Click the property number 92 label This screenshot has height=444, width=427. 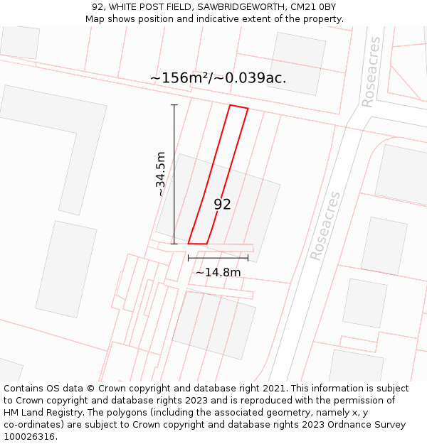[x=222, y=205]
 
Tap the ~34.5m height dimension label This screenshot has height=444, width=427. [x=161, y=174]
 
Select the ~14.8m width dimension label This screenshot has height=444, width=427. [x=218, y=272]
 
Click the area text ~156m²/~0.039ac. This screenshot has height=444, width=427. [x=218, y=78]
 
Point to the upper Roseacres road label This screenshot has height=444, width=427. [x=371, y=72]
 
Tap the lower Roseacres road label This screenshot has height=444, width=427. [x=325, y=226]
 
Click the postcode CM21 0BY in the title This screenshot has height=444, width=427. [x=314, y=7]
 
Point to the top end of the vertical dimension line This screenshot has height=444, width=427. [x=174, y=105]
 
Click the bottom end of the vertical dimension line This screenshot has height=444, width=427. [x=174, y=244]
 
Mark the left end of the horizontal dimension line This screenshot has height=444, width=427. [x=189, y=257]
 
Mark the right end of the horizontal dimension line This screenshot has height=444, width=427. [x=248, y=257]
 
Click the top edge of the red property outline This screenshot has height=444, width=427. [x=238, y=107]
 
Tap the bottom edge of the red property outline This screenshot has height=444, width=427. [x=198, y=244]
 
